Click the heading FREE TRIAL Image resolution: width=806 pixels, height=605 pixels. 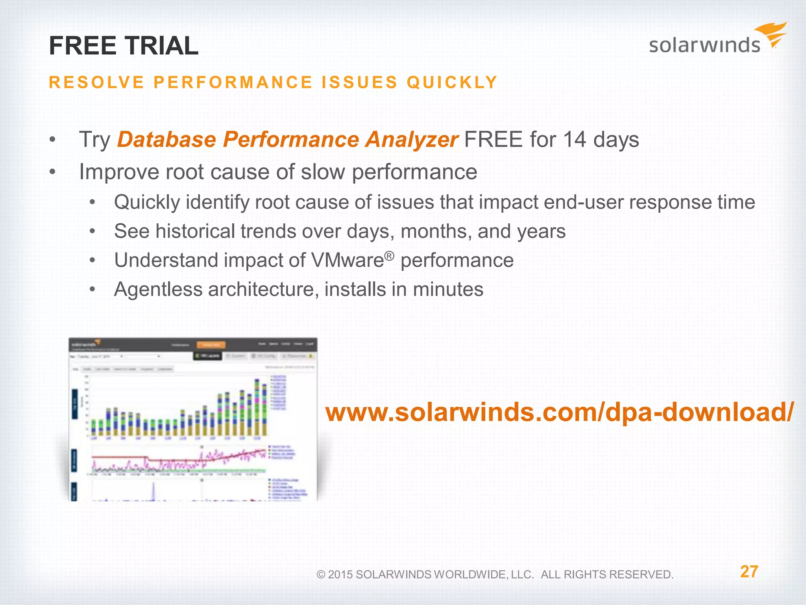[124, 46]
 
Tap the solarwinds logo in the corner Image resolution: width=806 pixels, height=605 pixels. [717, 40]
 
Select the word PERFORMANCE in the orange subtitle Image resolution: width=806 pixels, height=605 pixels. [233, 83]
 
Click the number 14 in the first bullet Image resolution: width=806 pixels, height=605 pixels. [575, 140]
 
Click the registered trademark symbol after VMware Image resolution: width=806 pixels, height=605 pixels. [389, 256]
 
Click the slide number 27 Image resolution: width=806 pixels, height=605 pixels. [749, 572]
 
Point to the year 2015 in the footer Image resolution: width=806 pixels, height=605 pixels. [340, 575]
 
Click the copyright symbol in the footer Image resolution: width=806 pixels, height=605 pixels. [321, 575]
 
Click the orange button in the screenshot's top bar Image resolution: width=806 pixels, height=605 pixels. [211, 345]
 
